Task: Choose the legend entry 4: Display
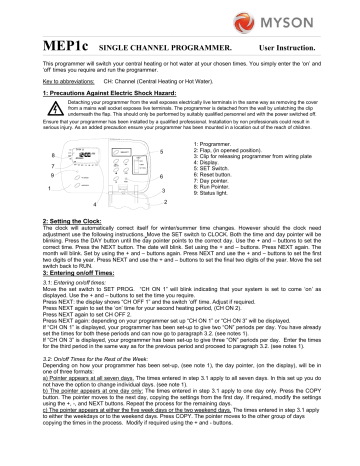click(x=233, y=162)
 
